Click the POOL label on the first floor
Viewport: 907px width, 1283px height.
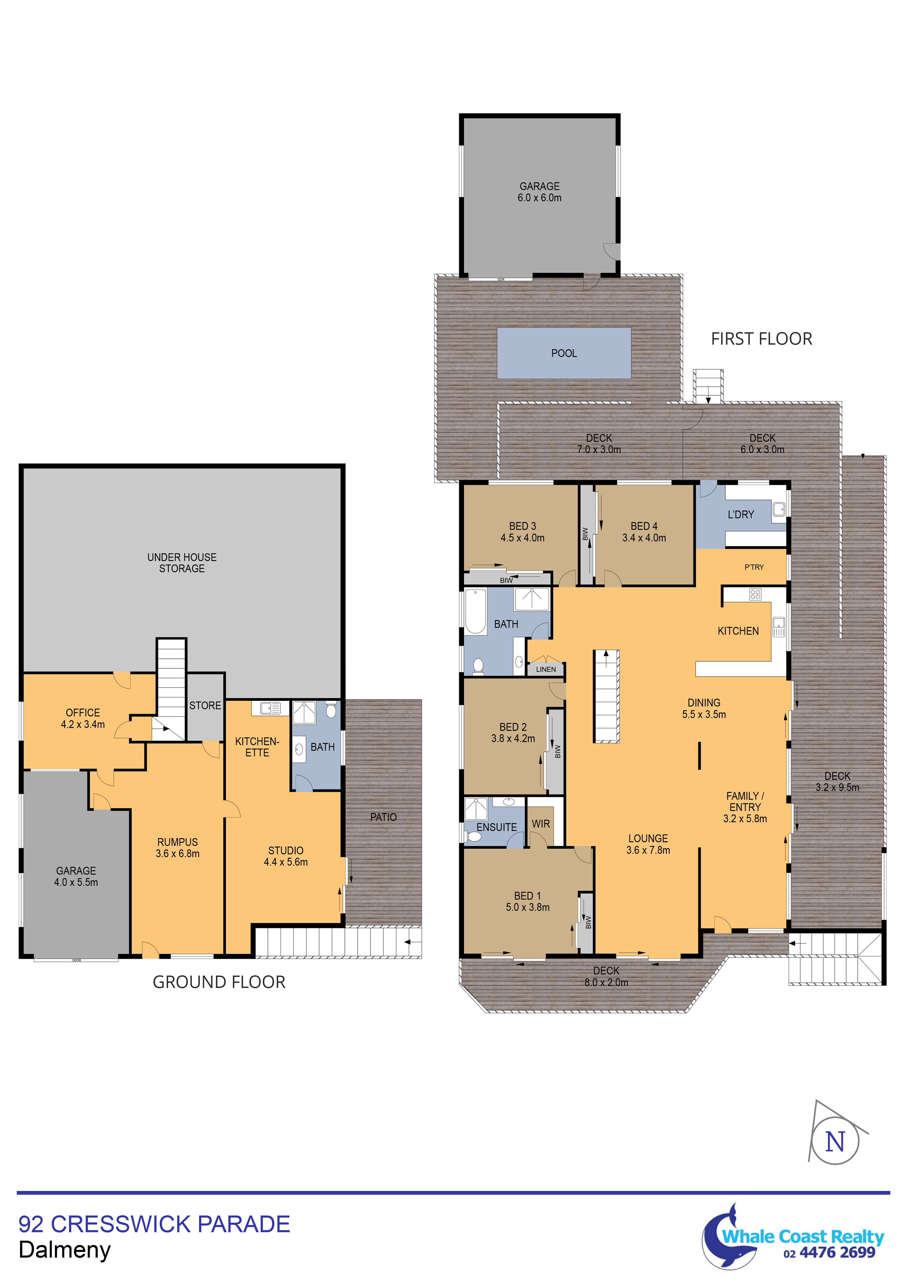[564, 353]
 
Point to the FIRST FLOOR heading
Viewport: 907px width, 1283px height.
[761, 339]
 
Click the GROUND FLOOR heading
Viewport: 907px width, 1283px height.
[219, 982]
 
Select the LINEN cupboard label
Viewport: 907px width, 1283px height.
[546, 669]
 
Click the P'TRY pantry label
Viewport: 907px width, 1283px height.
[754, 567]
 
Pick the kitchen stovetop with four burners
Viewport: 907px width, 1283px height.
[756, 595]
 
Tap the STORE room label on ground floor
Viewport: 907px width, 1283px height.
[205, 706]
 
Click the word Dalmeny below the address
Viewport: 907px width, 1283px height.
[65, 1250]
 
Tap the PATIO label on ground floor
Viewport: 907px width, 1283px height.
[383, 817]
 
